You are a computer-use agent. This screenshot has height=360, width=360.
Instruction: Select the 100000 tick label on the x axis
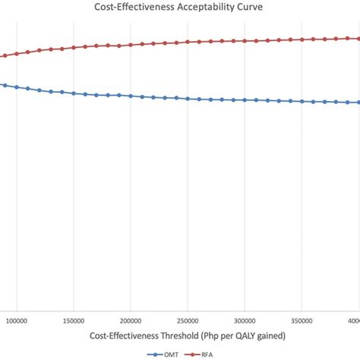[x=17, y=321]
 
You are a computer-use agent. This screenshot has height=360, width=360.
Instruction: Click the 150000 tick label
[x=74, y=321]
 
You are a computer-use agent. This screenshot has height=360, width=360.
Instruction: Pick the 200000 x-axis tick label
[x=131, y=321]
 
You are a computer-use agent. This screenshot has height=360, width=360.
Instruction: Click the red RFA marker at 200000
[x=131, y=45]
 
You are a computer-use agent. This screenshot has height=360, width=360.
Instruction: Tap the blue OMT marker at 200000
[x=131, y=96]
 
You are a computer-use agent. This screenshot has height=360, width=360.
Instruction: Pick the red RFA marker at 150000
[x=74, y=48]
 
